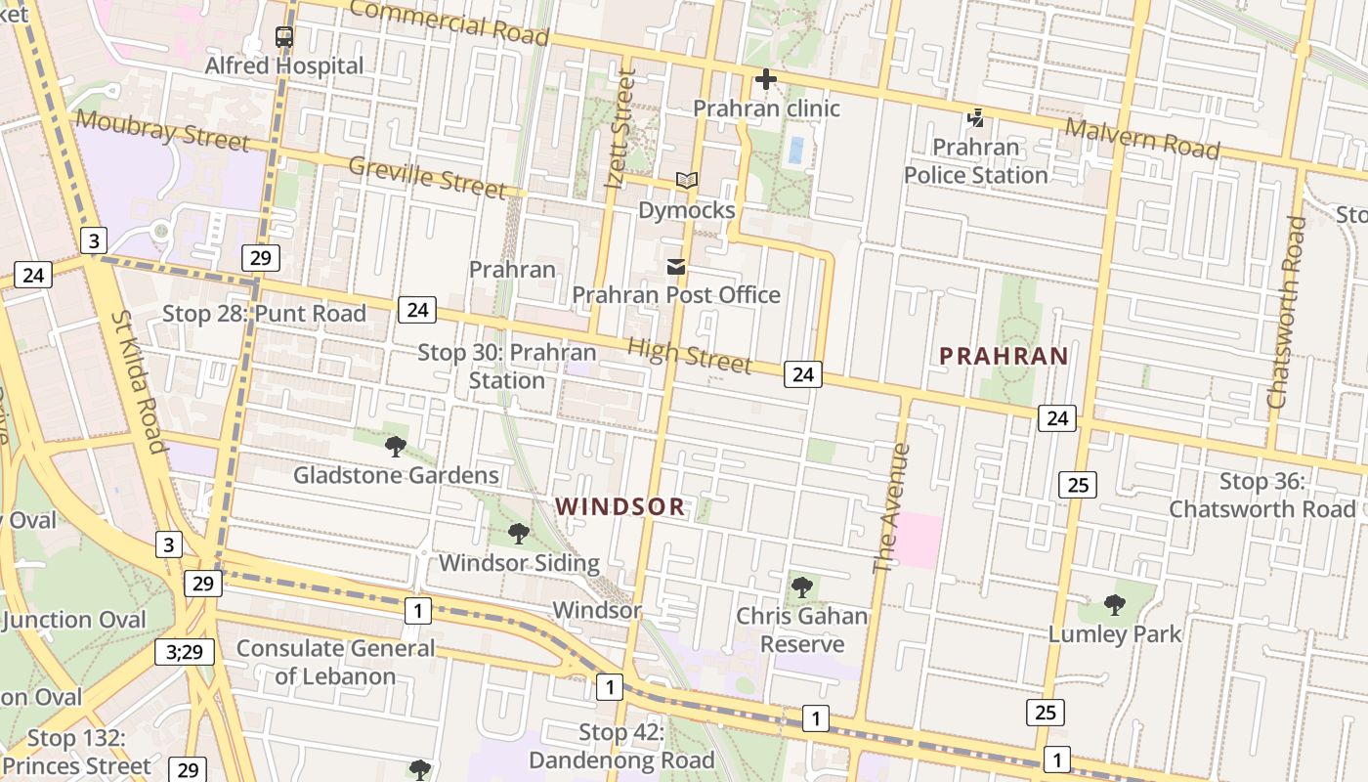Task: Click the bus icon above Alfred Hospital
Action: pos(284,38)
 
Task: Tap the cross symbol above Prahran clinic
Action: pos(766,79)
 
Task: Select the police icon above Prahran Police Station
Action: pos(974,119)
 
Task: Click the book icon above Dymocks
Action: pos(687,181)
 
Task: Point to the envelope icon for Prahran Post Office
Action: pos(675,267)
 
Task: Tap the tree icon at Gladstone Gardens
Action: pos(396,447)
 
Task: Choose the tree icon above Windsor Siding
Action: pos(519,534)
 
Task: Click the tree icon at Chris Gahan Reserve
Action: pos(802,587)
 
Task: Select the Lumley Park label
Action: pos(1115,633)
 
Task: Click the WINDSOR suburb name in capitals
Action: pos(620,506)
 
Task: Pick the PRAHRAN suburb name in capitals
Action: pos(1004,356)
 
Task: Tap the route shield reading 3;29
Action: pos(184,652)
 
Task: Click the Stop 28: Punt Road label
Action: pos(264,313)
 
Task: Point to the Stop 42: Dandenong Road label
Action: pos(621,746)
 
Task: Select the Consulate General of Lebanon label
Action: pos(335,662)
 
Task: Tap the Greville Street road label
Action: pos(428,177)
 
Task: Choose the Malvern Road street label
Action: pos(1142,138)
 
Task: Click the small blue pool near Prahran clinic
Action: pos(795,150)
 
